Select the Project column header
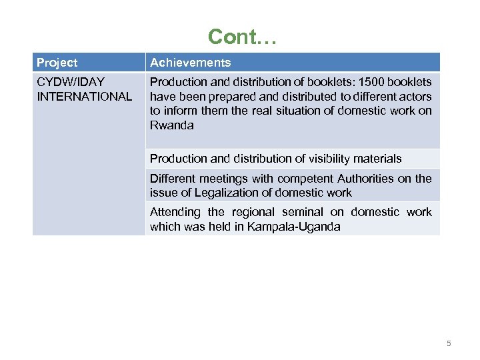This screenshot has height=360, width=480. point(57,63)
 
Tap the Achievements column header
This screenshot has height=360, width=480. point(190,63)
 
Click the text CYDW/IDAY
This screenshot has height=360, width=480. point(71,82)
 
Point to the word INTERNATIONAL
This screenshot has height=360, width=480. point(84,96)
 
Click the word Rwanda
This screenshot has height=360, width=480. point(171,125)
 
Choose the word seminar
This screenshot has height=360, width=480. point(302,212)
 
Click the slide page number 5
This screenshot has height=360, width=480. point(449,343)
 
